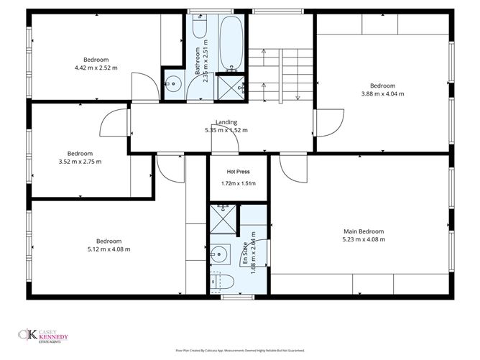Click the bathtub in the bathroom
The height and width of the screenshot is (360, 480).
click(231, 42)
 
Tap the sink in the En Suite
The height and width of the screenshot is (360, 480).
click(221, 254)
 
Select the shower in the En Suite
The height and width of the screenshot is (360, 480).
click(222, 221)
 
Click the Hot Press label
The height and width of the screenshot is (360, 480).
click(237, 172)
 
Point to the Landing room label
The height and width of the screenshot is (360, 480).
click(226, 122)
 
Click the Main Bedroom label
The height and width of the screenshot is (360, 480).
click(364, 231)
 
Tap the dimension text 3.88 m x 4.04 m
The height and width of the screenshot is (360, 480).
click(382, 93)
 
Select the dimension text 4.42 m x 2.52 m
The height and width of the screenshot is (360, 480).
click(96, 68)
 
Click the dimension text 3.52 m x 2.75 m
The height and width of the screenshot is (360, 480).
click(80, 162)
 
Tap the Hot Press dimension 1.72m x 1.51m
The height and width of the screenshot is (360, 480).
click(237, 184)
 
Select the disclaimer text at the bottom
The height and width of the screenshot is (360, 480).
click(240, 351)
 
